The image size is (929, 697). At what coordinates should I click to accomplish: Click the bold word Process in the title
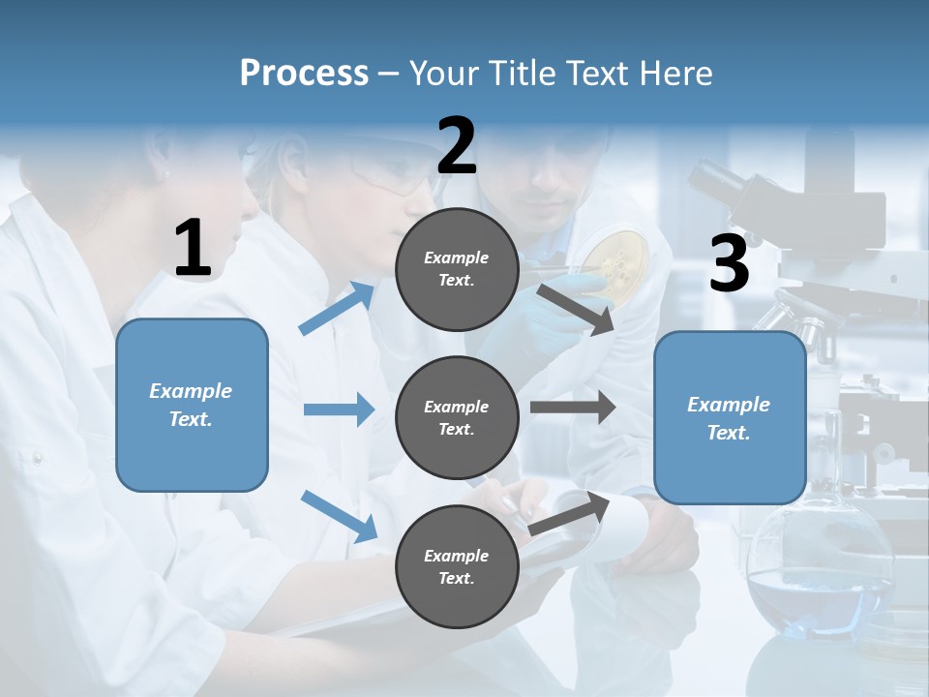pyautogui.click(x=304, y=74)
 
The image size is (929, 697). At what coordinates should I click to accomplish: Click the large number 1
pyautogui.click(x=193, y=248)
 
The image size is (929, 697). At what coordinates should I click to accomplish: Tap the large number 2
pyautogui.click(x=457, y=145)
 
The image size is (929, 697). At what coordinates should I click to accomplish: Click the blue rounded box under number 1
pyautogui.click(x=192, y=405)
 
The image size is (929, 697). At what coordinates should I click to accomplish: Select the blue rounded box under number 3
pyautogui.click(x=730, y=417)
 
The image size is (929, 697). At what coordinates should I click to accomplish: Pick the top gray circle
pyautogui.click(x=457, y=269)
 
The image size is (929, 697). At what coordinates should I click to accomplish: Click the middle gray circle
pyautogui.click(x=457, y=417)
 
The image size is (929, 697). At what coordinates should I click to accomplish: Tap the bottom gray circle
pyautogui.click(x=457, y=566)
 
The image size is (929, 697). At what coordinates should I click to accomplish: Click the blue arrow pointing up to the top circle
pyautogui.click(x=337, y=308)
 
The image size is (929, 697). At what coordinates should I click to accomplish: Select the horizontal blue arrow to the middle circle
pyautogui.click(x=339, y=409)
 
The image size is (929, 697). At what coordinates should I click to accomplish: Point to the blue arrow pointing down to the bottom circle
pyautogui.click(x=339, y=515)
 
